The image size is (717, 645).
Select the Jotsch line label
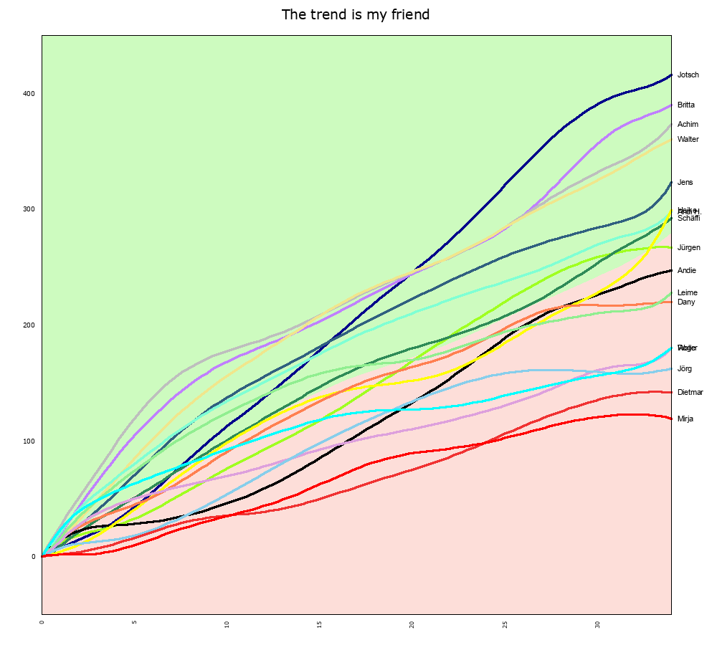(688, 75)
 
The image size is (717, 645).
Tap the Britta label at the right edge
(685, 105)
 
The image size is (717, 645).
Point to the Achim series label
(688, 125)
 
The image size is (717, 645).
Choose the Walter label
(688, 140)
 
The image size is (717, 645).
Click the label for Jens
(685, 183)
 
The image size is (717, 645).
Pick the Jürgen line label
(688, 248)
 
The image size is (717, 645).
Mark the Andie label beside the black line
(686, 271)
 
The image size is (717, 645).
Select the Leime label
(687, 293)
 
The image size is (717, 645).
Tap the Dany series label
(685, 302)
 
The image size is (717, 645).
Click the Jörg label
(684, 369)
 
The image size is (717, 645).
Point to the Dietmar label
(690, 393)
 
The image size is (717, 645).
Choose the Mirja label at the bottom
(685, 419)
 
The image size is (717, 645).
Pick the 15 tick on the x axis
(319, 623)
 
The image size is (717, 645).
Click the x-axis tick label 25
(505, 623)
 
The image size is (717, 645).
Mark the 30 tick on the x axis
(597, 623)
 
